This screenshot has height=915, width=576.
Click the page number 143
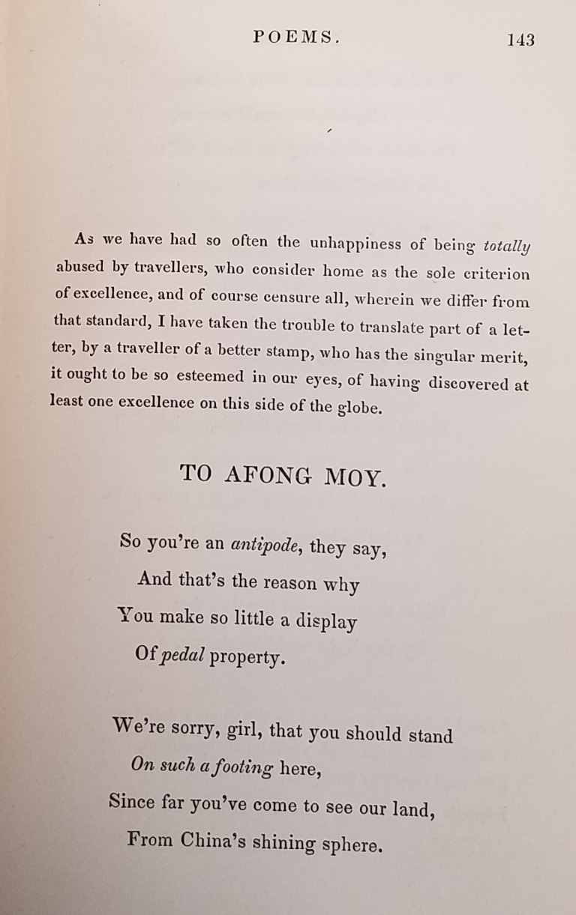pyautogui.click(x=520, y=40)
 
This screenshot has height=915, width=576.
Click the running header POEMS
pyautogui.click(x=296, y=37)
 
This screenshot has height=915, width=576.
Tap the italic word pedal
pyautogui.click(x=181, y=656)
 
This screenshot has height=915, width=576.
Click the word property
pyautogui.click(x=248, y=658)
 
